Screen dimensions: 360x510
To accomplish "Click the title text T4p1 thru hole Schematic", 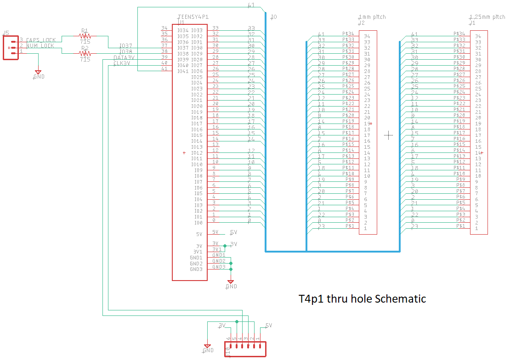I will pos(362,299).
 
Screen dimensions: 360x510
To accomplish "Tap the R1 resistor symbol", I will pos(85,36).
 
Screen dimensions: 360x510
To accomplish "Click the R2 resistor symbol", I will pos(85,53).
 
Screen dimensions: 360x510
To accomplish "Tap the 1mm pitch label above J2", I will pos(372,17).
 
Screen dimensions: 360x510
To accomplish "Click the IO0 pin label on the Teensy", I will pos(198,223).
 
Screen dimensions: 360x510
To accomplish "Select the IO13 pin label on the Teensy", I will pos(197,147).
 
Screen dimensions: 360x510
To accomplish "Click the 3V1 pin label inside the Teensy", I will pos(198,252).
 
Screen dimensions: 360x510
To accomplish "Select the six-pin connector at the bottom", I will pos(245,349).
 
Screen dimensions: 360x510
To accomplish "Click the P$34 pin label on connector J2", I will pos(348,34).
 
